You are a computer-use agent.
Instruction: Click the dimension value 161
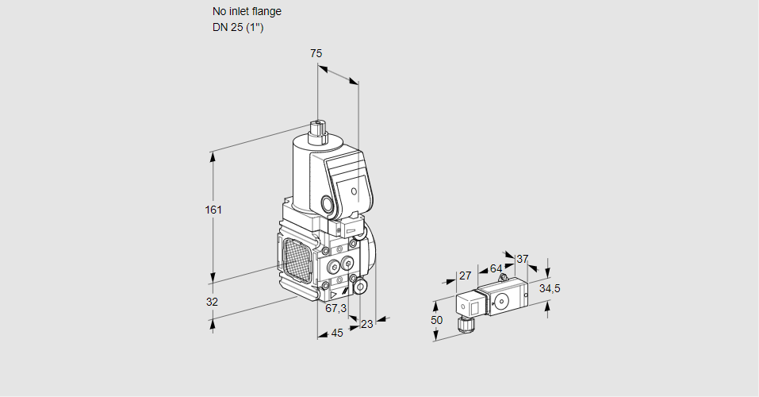[213, 210]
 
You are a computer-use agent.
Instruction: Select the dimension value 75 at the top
[316, 53]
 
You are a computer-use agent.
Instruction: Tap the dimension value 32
[212, 302]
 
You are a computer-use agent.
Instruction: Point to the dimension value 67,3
[335, 308]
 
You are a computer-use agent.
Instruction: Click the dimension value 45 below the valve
[337, 333]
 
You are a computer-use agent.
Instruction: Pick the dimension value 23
[366, 324]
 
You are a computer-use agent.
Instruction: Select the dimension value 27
[465, 276]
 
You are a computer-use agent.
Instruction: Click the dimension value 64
[496, 268]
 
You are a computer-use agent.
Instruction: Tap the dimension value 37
[522, 259]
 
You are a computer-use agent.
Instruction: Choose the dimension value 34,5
[550, 288]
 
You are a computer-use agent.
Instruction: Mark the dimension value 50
[435, 319]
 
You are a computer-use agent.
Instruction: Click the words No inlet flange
[247, 11]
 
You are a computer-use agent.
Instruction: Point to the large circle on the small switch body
[500, 300]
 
